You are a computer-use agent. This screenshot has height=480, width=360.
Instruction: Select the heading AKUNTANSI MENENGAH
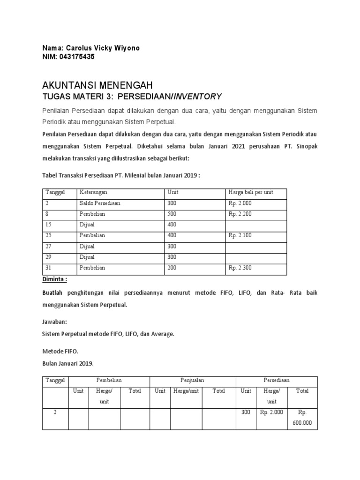[97, 85]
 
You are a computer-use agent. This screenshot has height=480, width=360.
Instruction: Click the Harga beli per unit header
[250, 192]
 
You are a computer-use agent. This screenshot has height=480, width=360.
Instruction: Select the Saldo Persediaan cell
[99, 203]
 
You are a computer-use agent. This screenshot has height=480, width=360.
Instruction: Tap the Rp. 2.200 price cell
[240, 214]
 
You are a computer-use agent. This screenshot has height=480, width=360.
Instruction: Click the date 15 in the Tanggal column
[49, 225]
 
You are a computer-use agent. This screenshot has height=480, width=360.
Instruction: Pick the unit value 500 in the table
[172, 214]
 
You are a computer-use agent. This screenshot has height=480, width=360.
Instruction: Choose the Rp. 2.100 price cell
[240, 235]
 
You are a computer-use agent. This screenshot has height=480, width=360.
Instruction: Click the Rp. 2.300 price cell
[240, 268]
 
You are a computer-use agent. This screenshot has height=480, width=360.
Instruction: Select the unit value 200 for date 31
[172, 268]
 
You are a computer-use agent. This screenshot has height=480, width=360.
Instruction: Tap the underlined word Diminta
[55, 279]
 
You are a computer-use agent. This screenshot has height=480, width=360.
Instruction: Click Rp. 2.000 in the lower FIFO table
[272, 412]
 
